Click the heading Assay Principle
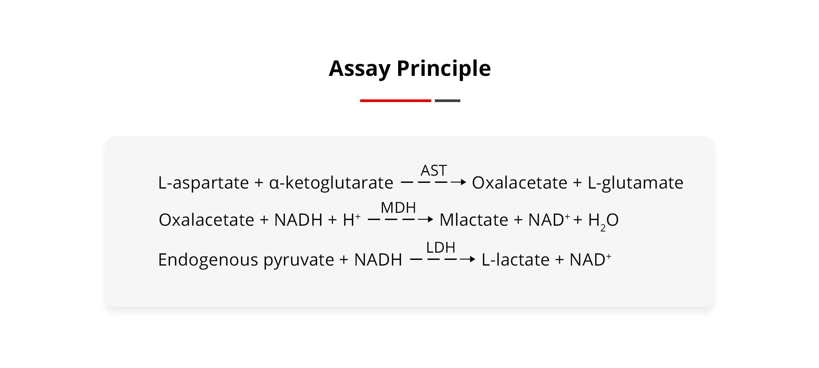pyautogui.click(x=410, y=69)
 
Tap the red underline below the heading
pyautogui.click(x=395, y=101)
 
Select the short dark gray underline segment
pyautogui.click(x=447, y=101)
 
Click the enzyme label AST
pyautogui.click(x=434, y=170)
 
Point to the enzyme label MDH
pyautogui.click(x=398, y=208)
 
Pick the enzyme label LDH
pyautogui.click(x=441, y=247)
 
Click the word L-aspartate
pyautogui.click(x=203, y=183)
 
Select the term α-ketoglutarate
pyautogui.click(x=331, y=183)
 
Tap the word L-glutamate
pyautogui.click(x=635, y=183)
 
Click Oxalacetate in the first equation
pyautogui.click(x=519, y=182)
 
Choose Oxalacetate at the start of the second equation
pyautogui.click(x=206, y=220)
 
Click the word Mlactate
pyautogui.click(x=474, y=220)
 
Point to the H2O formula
pyautogui.click(x=603, y=221)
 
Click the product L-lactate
pyautogui.click(x=515, y=260)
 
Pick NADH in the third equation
pyautogui.click(x=378, y=260)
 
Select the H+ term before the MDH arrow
pyautogui.click(x=351, y=219)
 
